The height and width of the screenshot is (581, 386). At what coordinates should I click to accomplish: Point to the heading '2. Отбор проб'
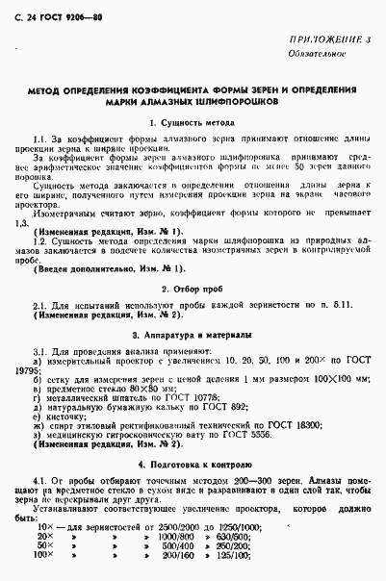click(193, 289)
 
